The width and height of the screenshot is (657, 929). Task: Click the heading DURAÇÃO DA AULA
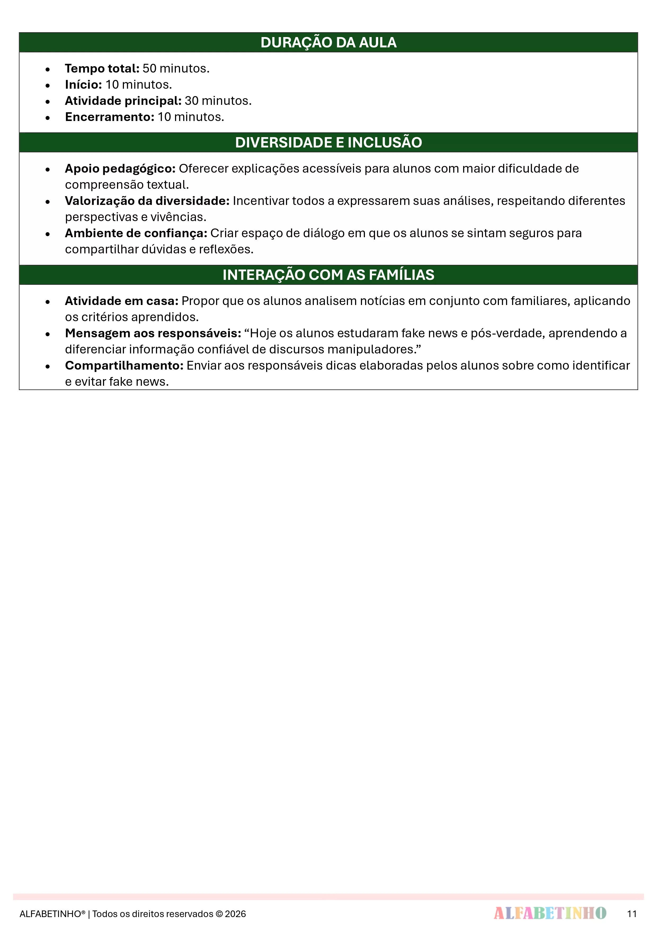coord(328,42)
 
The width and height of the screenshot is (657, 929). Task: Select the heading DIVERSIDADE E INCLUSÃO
coord(328,142)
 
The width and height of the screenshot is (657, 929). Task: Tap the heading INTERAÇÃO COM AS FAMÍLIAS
coord(328,275)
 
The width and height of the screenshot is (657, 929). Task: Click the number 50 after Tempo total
coord(149,68)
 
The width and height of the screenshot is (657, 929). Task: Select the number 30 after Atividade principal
coord(191,101)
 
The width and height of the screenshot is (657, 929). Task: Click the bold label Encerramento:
coord(110,117)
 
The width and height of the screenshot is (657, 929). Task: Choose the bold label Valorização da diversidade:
coord(147,201)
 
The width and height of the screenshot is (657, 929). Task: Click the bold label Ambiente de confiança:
coord(136,233)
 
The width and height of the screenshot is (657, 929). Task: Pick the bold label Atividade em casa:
coord(122,301)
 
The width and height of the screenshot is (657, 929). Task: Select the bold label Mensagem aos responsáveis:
coord(153,333)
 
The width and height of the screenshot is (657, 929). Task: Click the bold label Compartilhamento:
coord(124,365)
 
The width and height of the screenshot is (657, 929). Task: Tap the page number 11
coord(632,914)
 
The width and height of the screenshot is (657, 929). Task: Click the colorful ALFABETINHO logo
coord(550,913)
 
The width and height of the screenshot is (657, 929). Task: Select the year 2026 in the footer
coord(236,914)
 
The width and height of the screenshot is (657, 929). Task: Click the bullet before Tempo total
coord(48,69)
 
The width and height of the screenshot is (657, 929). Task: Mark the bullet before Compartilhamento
coord(48,366)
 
